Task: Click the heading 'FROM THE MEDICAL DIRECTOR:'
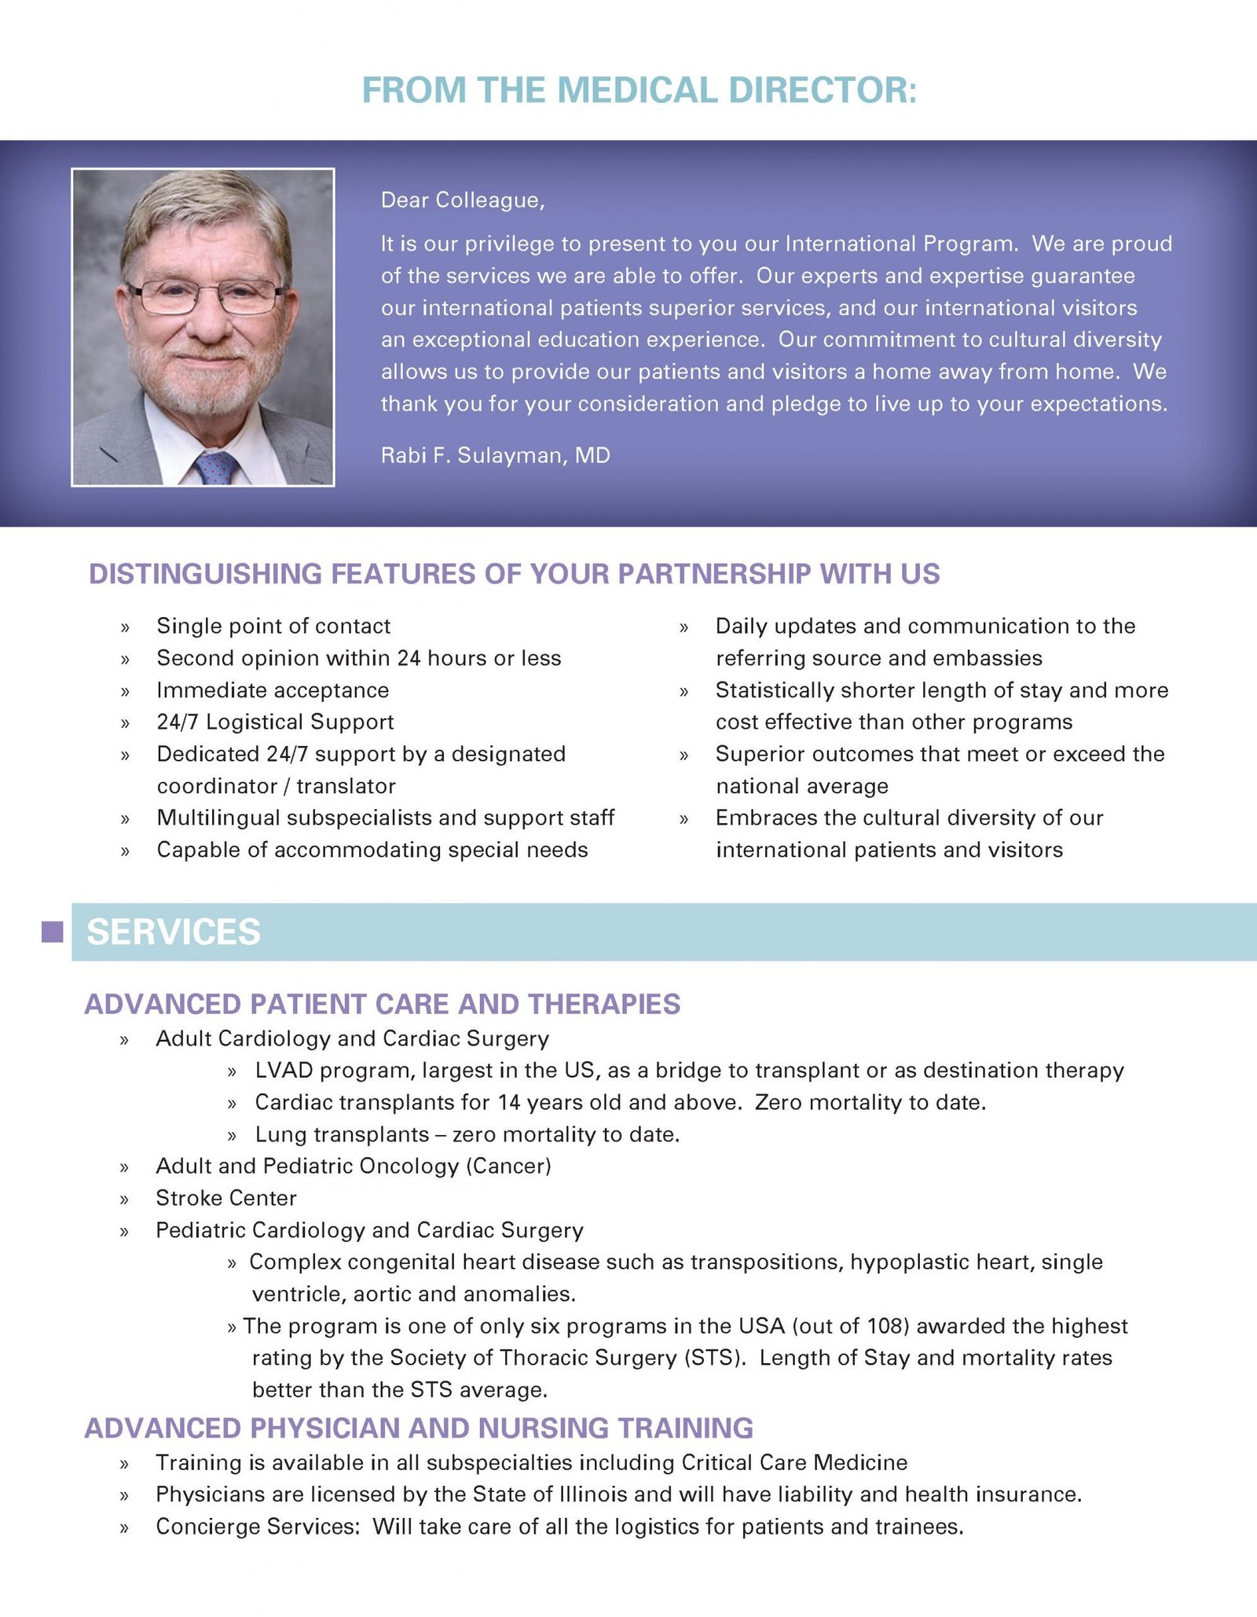click(x=639, y=90)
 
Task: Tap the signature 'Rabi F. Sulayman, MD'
click(x=495, y=455)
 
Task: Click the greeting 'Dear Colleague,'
click(x=463, y=200)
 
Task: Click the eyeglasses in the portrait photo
click(x=207, y=296)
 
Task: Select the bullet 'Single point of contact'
click(x=273, y=626)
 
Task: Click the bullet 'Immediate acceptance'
click(x=273, y=690)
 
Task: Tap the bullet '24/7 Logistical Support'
click(x=275, y=722)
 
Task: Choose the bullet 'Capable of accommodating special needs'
click(x=372, y=850)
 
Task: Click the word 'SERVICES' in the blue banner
click(x=174, y=932)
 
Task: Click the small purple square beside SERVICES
click(x=52, y=932)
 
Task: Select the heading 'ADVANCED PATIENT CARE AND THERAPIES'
click(x=383, y=1005)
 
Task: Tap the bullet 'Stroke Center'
click(x=226, y=1198)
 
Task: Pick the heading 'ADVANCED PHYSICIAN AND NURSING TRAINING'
click(x=419, y=1428)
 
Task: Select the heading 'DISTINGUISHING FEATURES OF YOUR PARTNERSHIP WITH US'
click(x=514, y=574)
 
